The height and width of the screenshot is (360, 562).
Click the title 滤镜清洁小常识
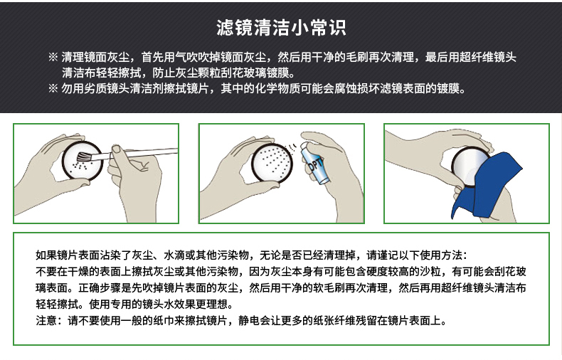(281, 28)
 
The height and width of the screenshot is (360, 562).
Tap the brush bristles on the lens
(84, 157)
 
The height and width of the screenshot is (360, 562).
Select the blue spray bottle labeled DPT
(313, 162)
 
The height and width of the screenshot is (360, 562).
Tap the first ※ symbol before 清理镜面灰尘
(53, 57)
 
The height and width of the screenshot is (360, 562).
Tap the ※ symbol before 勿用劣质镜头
(53, 88)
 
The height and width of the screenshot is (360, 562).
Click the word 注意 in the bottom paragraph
(46, 320)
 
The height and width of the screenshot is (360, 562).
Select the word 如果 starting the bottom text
(46, 255)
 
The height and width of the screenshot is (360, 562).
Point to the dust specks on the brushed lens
(79, 168)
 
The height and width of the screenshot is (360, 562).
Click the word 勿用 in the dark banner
(73, 88)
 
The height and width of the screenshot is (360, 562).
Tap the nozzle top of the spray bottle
(303, 145)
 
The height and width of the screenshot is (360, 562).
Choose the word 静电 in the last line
(249, 320)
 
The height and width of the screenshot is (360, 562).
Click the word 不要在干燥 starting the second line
(63, 272)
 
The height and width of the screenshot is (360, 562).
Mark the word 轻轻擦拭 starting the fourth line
(57, 304)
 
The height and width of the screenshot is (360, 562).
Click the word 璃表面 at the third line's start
(52, 287)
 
